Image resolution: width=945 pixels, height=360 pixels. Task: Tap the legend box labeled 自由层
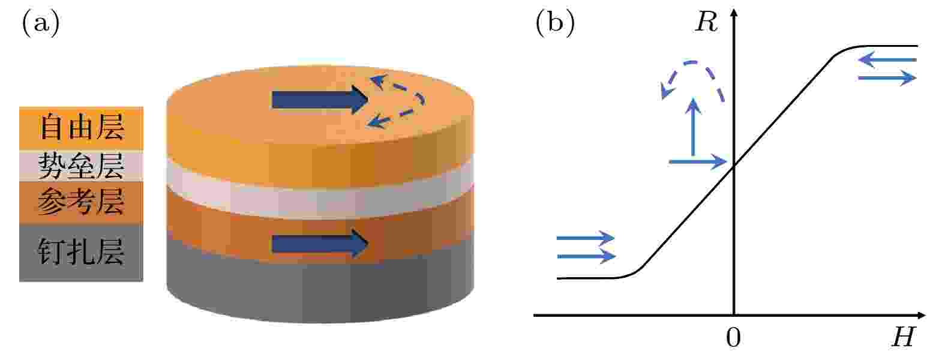tap(81, 128)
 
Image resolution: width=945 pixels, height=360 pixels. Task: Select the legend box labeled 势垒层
tap(81, 166)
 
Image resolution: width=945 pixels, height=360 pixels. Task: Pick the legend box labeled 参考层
tap(81, 203)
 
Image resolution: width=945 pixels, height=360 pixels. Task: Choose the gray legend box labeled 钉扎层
tap(81, 253)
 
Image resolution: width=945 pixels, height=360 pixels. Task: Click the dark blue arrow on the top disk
tap(320, 100)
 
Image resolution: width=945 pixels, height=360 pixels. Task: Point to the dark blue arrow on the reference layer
tap(320, 244)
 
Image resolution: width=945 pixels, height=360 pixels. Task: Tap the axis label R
tap(706, 22)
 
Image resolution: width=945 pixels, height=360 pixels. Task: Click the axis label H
tap(903, 337)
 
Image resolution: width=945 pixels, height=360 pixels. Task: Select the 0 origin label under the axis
tap(733, 337)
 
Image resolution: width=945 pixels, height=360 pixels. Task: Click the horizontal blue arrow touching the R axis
tap(698, 161)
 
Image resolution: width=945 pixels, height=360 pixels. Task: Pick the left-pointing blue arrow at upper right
tap(887, 60)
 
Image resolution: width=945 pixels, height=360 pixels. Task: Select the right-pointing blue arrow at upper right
tap(887, 78)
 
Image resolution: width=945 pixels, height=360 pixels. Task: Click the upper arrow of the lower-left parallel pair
tap(586, 238)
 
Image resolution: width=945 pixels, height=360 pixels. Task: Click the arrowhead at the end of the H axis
tap(921, 315)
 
